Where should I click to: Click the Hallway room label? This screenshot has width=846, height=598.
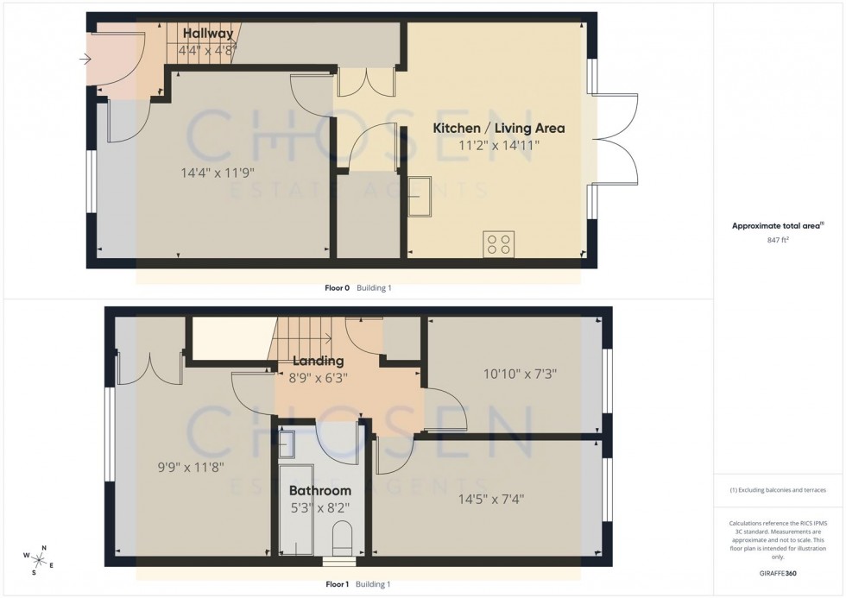(208, 34)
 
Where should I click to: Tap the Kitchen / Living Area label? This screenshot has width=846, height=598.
(498, 129)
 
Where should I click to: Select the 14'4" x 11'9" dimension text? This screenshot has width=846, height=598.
(217, 172)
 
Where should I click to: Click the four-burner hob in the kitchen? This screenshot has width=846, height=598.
(499, 243)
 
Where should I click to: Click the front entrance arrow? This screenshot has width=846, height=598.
(84, 60)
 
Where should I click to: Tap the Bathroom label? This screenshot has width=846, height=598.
(320, 491)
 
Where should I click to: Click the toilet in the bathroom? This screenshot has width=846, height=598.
(342, 537)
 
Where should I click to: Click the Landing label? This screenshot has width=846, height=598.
(318, 361)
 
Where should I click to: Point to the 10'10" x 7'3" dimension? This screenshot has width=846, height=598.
(519, 375)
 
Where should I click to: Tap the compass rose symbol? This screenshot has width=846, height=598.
(39, 559)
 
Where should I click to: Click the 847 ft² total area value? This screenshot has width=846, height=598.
(778, 241)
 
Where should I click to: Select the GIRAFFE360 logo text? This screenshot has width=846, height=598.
(778, 573)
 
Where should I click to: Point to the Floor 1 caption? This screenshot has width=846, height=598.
(337, 584)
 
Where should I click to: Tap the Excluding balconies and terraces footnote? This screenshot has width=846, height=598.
(778, 490)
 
